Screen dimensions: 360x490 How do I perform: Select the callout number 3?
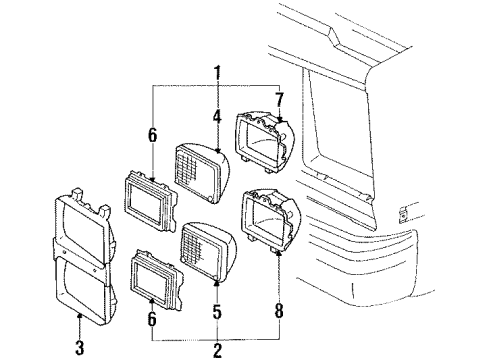click(79, 318)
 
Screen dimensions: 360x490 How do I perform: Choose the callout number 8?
click(280, 294)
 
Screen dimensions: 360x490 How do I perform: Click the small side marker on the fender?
click(402, 212)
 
